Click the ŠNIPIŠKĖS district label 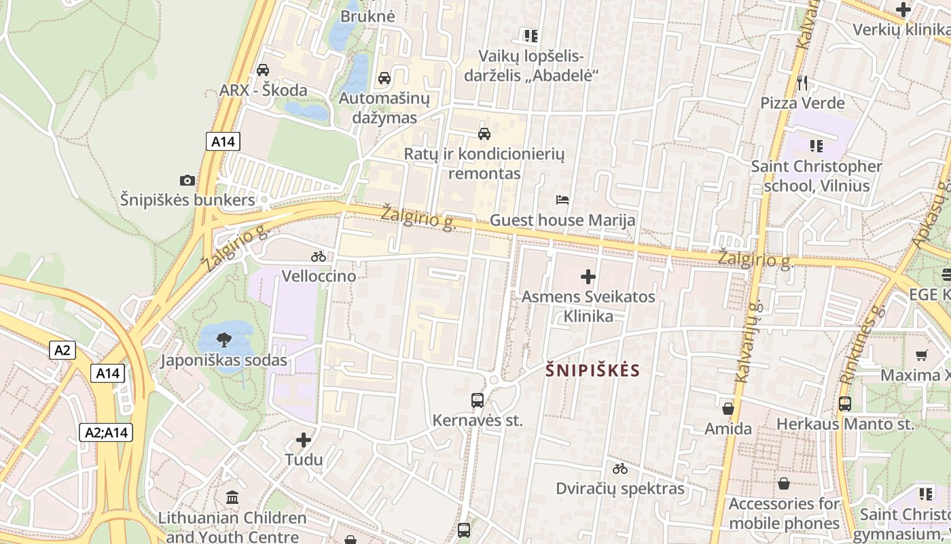pyautogui.click(x=593, y=371)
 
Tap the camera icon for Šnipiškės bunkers pyautogui.click(x=187, y=180)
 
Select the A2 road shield pyautogui.click(x=62, y=350)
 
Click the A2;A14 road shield pyautogui.click(x=107, y=432)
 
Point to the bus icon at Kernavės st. pyautogui.click(x=478, y=401)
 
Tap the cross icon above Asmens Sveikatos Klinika pyautogui.click(x=588, y=277)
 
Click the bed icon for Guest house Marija pyautogui.click(x=562, y=200)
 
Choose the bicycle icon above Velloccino pyautogui.click(x=319, y=256)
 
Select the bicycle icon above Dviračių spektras pyautogui.click(x=620, y=469)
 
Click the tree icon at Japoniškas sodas pyautogui.click(x=223, y=339)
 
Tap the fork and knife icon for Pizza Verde pyautogui.click(x=802, y=83)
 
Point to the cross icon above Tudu pyautogui.click(x=304, y=440)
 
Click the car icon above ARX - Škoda pyautogui.click(x=263, y=69)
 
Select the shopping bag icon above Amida pyautogui.click(x=728, y=409)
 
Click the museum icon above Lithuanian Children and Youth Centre pyautogui.click(x=232, y=497)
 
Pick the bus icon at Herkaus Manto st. pyautogui.click(x=845, y=404)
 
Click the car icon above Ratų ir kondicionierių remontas pyautogui.click(x=484, y=133)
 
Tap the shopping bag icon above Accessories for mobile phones pyautogui.click(x=784, y=483)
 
